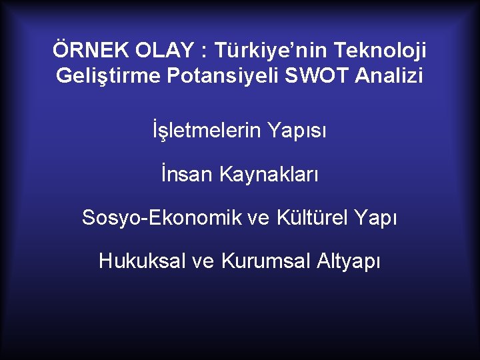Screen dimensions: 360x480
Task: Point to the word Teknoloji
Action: click(381, 50)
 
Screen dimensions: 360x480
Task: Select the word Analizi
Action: click(389, 75)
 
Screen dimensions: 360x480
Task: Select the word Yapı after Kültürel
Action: click(375, 218)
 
